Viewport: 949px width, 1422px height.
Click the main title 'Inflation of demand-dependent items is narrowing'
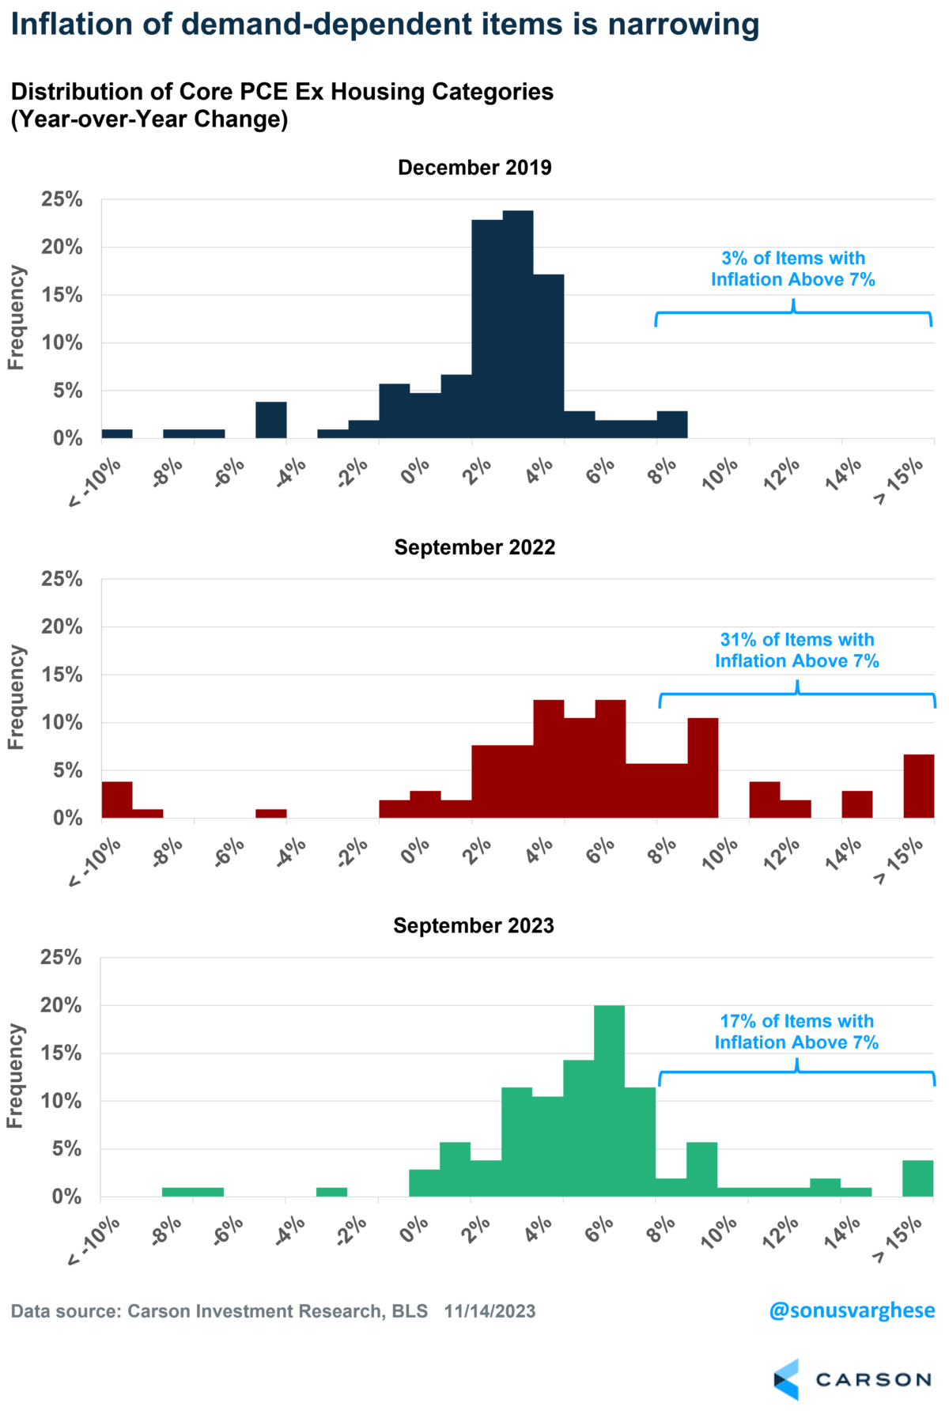[x=385, y=25]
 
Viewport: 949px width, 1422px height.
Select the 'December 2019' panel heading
[x=475, y=168]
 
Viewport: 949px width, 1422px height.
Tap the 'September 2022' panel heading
[x=475, y=547]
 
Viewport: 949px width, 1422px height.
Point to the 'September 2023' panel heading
[x=474, y=925]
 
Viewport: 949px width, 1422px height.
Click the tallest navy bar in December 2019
[x=518, y=324]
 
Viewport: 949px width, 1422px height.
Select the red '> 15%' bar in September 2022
[x=919, y=786]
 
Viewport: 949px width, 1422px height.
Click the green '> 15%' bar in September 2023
[x=917, y=1178]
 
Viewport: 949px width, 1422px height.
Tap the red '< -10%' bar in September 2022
[x=117, y=800]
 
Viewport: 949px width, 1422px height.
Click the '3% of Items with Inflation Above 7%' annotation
[x=793, y=269]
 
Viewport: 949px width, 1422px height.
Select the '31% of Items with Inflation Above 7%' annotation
[x=797, y=650]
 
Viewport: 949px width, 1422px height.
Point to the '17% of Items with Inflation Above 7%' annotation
[x=796, y=1031]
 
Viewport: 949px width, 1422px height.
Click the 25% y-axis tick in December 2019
[x=62, y=199]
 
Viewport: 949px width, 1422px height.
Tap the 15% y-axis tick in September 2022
[x=62, y=675]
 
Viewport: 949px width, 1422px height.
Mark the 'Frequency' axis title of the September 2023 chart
[x=15, y=1076]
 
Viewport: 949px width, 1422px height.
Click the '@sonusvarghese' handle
[x=852, y=1310]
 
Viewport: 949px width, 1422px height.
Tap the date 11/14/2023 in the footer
[x=490, y=1311]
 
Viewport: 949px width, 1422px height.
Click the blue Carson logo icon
[x=786, y=1380]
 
